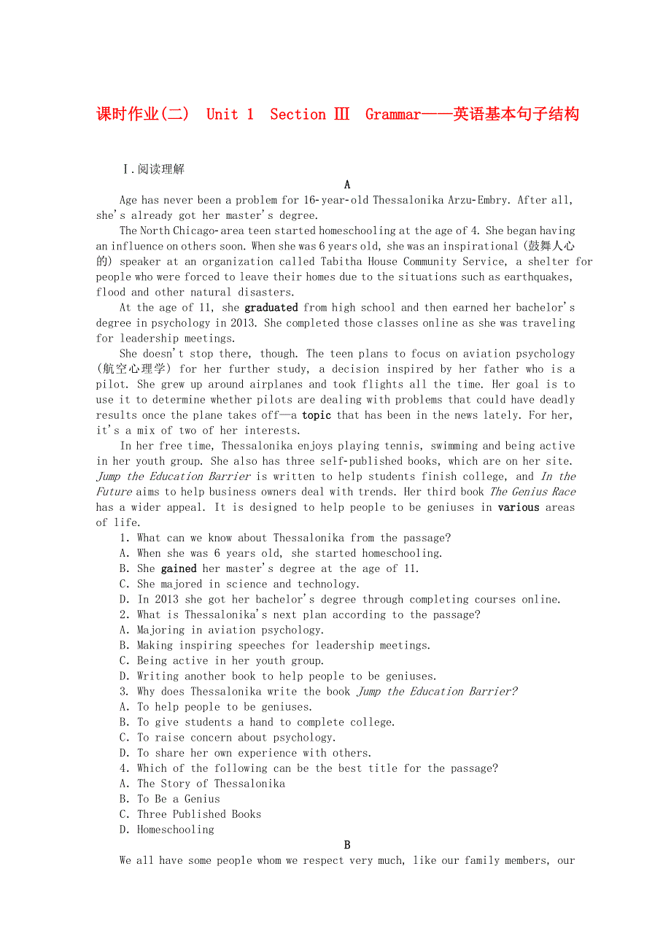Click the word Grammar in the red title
coord(392,115)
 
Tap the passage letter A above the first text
coord(347,185)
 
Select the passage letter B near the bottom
coord(347,845)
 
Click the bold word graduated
coord(271,308)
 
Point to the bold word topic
coord(317,415)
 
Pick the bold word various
coord(519,507)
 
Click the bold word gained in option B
coord(179,568)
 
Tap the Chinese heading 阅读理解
coord(161,169)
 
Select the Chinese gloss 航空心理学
coord(135,369)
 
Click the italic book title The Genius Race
coord(532,492)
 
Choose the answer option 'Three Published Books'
coord(199,814)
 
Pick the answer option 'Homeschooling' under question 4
coord(176,830)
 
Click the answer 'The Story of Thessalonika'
coord(211,784)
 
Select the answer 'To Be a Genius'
coord(179,799)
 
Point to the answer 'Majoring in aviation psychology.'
coord(230,630)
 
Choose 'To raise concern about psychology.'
coord(236,738)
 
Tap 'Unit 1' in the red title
coord(230,115)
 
